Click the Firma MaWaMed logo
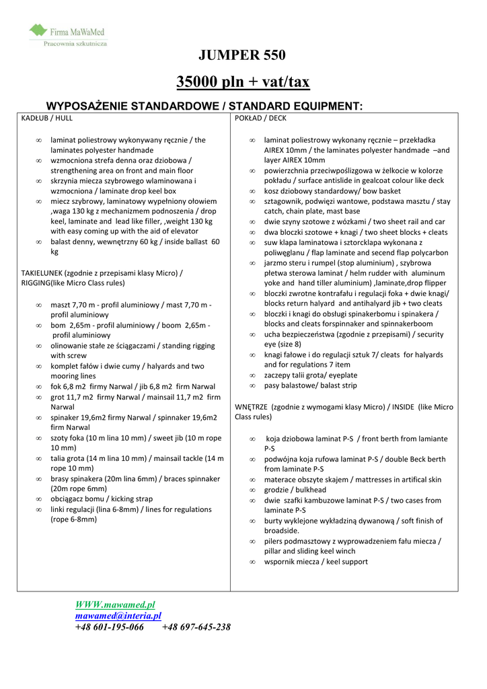67,31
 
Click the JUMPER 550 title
243,55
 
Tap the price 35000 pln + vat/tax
243,82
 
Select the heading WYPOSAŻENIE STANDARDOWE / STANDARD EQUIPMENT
204,106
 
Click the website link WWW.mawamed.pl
115,605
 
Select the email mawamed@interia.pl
118,616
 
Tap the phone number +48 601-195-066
109,627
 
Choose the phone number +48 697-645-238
196,627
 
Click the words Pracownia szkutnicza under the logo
75,43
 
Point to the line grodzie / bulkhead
295,490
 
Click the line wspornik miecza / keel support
315,562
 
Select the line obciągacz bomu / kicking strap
102,499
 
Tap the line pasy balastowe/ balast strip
310,386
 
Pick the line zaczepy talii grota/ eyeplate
310,375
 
